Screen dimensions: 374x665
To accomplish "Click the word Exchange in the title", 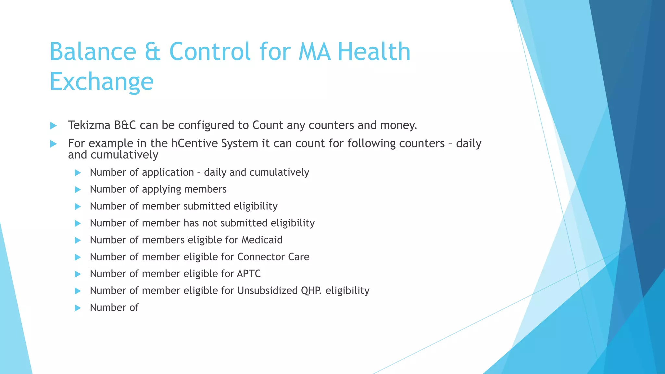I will (x=101, y=81).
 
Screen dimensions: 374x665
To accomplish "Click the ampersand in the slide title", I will (x=152, y=52).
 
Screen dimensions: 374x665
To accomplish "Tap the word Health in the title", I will (x=374, y=52).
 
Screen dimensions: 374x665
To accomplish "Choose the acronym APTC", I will (x=248, y=274).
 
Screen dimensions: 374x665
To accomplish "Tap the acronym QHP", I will (x=311, y=291).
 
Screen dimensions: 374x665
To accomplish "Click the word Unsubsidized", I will (x=267, y=291).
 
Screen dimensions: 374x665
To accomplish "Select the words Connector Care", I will (x=273, y=257).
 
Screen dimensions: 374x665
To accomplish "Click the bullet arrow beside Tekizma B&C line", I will (x=54, y=126).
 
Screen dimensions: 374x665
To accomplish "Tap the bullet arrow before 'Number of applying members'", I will (x=78, y=190).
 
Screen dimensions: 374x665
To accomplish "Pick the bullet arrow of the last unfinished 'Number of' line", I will (x=78, y=308).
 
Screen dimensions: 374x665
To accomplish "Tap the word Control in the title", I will (x=210, y=52).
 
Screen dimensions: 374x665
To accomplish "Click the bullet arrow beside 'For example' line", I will (x=54, y=144).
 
